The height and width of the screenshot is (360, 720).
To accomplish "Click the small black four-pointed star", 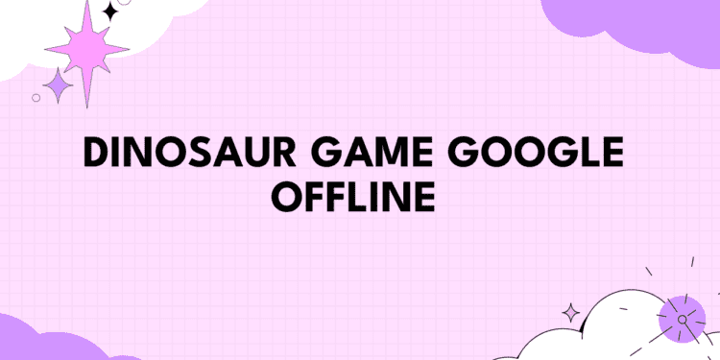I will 109,12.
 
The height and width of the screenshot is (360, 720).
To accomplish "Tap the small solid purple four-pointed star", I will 59,85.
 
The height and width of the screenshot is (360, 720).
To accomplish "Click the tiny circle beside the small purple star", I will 36,97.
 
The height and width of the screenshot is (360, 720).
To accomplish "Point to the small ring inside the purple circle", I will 683,319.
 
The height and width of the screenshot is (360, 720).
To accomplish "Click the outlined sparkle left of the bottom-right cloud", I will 572,313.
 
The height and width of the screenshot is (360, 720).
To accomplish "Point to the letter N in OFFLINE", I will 392,199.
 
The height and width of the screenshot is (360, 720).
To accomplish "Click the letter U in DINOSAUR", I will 260,154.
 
